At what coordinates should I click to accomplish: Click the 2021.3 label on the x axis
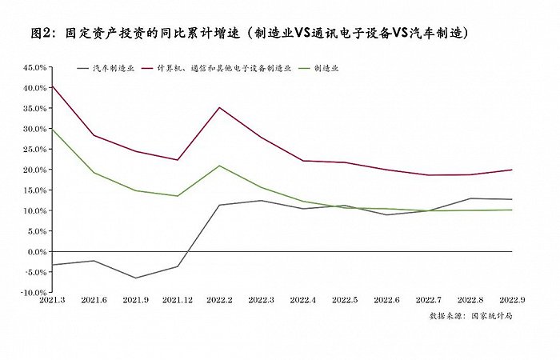[52, 301]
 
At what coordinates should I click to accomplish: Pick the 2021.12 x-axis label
[177, 301]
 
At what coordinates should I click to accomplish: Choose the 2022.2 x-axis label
[219, 301]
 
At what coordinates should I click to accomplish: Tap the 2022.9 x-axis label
[511, 301]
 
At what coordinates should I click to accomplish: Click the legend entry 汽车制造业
[111, 69]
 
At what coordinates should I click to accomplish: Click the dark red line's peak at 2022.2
[219, 107]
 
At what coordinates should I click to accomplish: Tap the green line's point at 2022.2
[219, 166]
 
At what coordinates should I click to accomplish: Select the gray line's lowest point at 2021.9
[135, 278]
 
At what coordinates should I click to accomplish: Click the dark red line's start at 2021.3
[52, 85]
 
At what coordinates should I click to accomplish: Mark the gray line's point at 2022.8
[470, 198]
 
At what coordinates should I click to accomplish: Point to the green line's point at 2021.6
[94, 173]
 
